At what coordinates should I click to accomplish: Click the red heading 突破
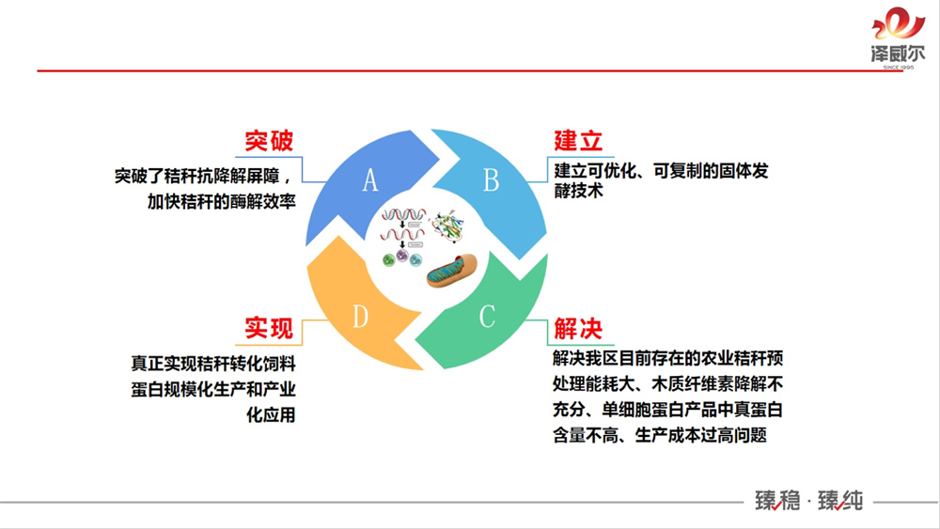pos(269,142)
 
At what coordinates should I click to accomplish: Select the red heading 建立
pos(577,142)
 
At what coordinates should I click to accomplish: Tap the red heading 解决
pos(577,329)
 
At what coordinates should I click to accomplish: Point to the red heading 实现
pos(269,329)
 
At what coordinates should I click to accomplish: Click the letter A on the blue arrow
pos(369,180)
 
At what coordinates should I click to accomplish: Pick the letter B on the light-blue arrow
pos(491,180)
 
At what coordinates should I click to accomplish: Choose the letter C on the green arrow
pos(487,317)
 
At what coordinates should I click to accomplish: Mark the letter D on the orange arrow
pos(359,317)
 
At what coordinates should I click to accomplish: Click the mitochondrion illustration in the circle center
pos(452,272)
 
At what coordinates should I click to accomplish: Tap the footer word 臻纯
pos(839,501)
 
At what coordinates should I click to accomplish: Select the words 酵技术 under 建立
pos(578,191)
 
